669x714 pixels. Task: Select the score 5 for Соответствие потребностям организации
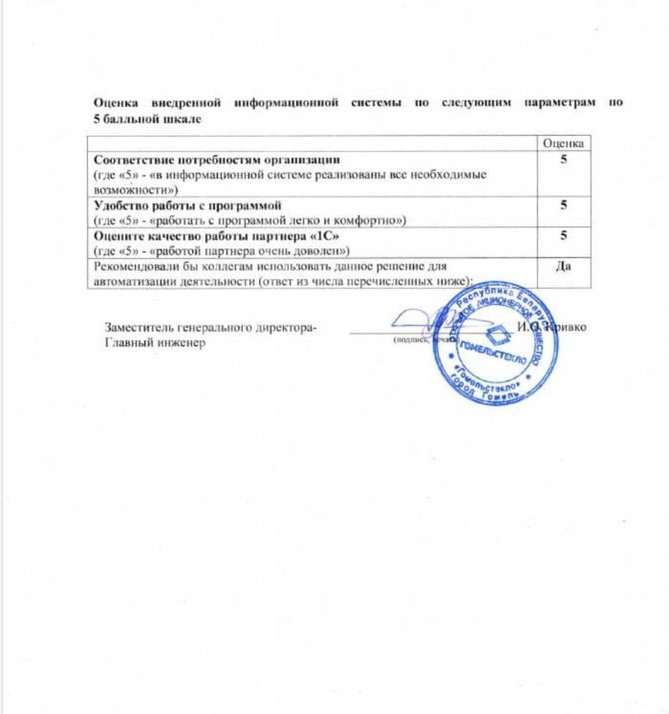pyautogui.click(x=564, y=158)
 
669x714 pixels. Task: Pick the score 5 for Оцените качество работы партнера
pyautogui.click(x=564, y=236)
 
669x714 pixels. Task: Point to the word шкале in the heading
pyautogui.click(x=182, y=117)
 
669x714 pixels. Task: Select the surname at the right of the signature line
pyautogui.click(x=567, y=328)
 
